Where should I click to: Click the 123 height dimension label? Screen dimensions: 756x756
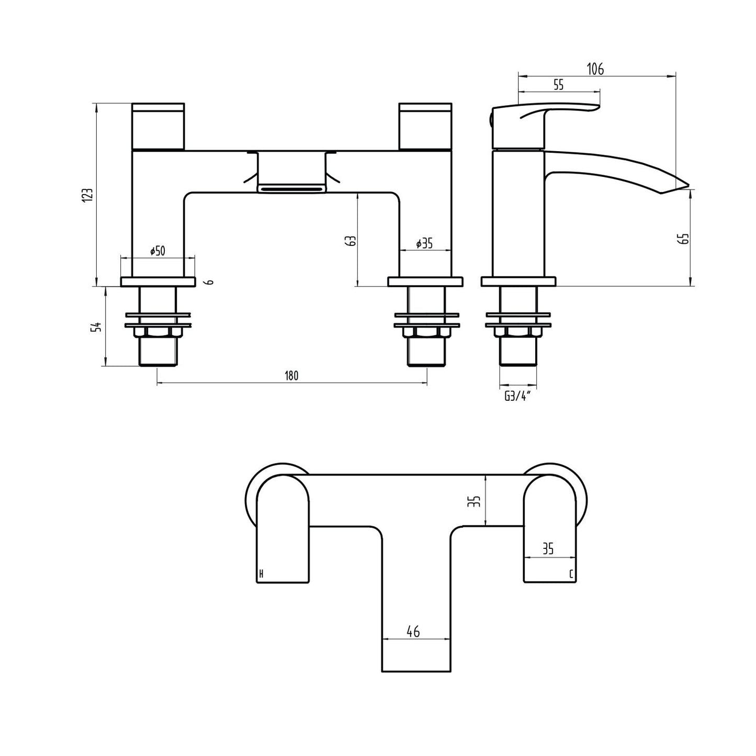[88, 195]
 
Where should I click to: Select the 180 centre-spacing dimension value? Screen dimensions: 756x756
[291, 376]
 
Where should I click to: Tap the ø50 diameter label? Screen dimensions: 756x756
[157, 251]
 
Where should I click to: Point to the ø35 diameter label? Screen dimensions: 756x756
[424, 243]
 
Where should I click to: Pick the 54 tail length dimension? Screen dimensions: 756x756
[96, 327]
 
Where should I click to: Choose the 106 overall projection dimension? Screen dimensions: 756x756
[595, 69]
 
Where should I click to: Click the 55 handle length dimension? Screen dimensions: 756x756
[558, 84]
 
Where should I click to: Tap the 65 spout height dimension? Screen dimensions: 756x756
[684, 238]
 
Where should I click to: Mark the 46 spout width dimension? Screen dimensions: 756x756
[413, 632]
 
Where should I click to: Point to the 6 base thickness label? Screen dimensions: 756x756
[210, 282]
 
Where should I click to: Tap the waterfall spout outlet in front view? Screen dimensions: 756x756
[291, 187]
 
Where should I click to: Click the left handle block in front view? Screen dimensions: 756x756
[157, 126]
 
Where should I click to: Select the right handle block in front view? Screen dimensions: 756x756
[425, 126]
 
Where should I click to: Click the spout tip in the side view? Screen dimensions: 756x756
[683, 186]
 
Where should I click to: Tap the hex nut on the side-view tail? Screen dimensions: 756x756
[518, 333]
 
